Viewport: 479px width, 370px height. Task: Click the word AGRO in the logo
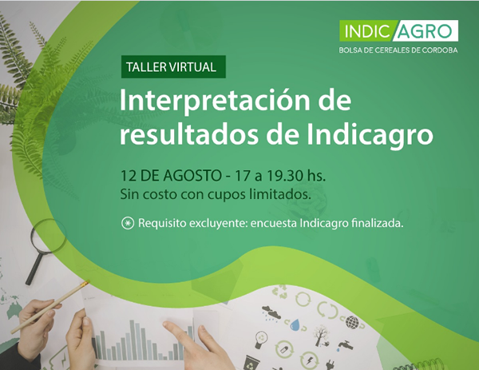[426, 31]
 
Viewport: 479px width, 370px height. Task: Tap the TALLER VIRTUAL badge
[173, 66]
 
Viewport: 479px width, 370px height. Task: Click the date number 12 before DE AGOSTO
[129, 176]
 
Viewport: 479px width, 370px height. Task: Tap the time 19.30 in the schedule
[285, 176]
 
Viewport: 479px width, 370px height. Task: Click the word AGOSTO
[192, 176]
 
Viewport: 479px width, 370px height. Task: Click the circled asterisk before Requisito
[128, 223]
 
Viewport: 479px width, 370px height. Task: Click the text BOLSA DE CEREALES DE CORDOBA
[398, 50]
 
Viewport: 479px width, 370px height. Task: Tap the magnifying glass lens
[48, 236]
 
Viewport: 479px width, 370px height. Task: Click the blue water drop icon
[295, 324]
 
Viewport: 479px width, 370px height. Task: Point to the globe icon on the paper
[353, 322]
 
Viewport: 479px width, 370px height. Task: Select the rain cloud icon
[271, 312]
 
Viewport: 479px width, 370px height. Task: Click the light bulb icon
[260, 339]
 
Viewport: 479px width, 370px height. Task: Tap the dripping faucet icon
[346, 345]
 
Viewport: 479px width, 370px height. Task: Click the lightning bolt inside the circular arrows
[309, 360]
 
